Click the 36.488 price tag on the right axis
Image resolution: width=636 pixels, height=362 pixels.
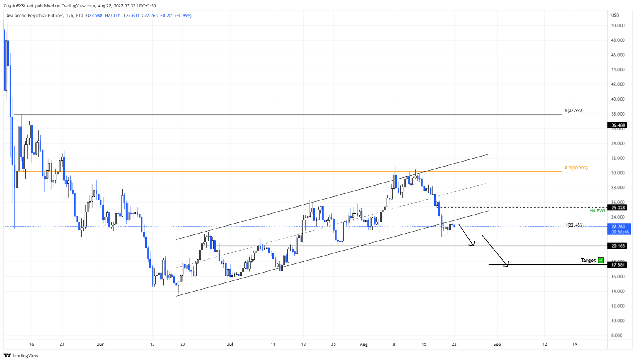click(x=617, y=125)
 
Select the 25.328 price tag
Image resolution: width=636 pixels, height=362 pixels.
click(x=617, y=208)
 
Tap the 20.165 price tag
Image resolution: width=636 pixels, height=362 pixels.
click(x=617, y=246)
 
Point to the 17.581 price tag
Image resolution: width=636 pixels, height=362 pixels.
click(x=617, y=265)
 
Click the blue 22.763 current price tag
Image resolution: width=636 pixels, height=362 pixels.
click(x=617, y=227)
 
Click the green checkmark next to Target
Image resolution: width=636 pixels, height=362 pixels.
click(x=601, y=260)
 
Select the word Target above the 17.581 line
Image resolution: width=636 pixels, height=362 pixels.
click(x=588, y=260)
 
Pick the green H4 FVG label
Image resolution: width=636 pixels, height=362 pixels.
click(x=597, y=211)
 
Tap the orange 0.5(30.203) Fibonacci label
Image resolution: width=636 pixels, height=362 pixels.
click(x=576, y=168)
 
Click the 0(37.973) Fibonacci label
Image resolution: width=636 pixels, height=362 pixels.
click(x=574, y=111)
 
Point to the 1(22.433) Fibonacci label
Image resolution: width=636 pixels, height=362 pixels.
click(x=574, y=225)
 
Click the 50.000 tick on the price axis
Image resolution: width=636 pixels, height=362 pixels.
click(x=618, y=26)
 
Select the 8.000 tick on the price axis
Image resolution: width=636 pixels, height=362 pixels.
click(x=618, y=335)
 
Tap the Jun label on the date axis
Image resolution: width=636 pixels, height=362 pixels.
click(x=100, y=344)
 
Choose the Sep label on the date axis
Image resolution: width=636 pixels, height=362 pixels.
click(x=497, y=344)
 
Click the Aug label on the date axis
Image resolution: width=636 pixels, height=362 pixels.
click(x=364, y=344)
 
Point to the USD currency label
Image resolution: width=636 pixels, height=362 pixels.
click(x=615, y=15)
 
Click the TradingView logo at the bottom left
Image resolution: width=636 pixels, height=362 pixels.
click(x=21, y=355)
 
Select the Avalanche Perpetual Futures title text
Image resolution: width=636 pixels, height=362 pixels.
click(x=35, y=16)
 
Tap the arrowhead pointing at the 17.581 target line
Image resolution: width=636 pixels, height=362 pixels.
click(x=507, y=265)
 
